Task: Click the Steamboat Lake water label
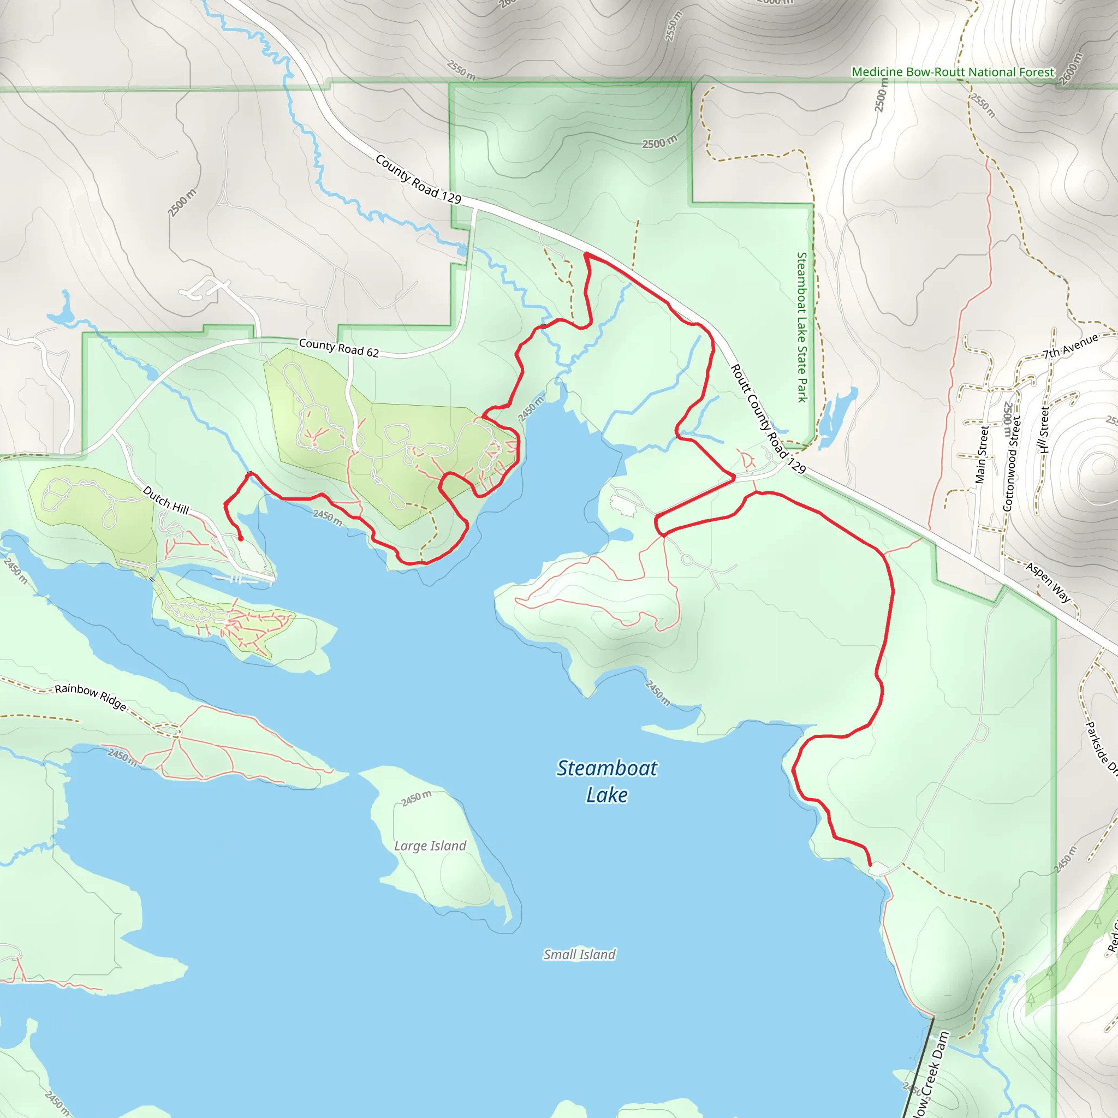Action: pyautogui.click(x=606, y=781)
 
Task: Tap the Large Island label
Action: pyautogui.click(x=430, y=846)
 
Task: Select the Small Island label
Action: pyautogui.click(x=579, y=955)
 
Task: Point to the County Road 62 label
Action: pyautogui.click(x=338, y=348)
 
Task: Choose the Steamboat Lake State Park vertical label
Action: pyautogui.click(x=801, y=327)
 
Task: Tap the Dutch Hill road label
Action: pyautogui.click(x=166, y=500)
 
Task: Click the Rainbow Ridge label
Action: pyautogui.click(x=91, y=696)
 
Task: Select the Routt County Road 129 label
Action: pyautogui.click(x=768, y=419)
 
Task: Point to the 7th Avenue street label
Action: pyautogui.click(x=1070, y=346)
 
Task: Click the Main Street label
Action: pyautogui.click(x=982, y=455)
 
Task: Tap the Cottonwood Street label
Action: pyautogui.click(x=1012, y=464)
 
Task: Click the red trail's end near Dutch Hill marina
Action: pyautogui.click(x=241, y=539)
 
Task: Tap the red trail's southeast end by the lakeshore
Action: pyautogui.click(x=870, y=865)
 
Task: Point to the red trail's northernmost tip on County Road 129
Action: pyautogui.click(x=586, y=254)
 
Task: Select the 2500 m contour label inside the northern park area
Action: pyautogui.click(x=659, y=142)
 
